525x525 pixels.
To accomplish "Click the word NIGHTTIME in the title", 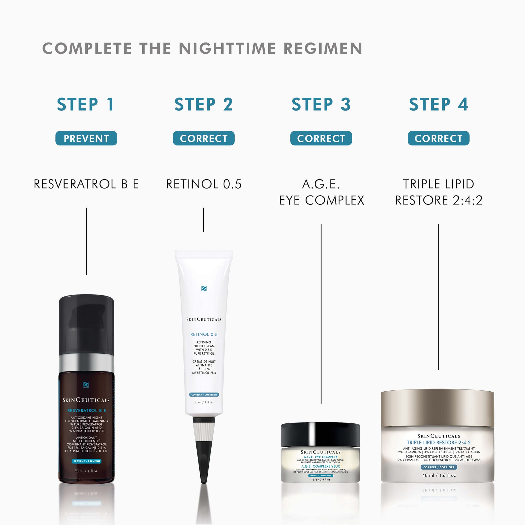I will (227, 48).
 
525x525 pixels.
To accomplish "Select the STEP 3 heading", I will (321, 104).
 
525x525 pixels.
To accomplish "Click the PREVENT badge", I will (86, 138).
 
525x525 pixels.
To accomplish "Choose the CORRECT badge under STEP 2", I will (203, 138).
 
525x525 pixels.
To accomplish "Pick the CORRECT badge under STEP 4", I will (438, 138).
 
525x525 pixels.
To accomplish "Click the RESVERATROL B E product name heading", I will (86, 184).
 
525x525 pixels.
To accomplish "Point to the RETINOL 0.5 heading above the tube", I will (203, 184).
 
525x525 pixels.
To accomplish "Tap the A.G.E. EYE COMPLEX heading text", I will (321, 192).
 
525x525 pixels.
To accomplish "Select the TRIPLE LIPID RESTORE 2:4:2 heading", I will (438, 192).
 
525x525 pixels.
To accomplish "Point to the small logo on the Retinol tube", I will (204, 288).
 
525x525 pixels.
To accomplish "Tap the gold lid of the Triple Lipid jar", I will (437, 408).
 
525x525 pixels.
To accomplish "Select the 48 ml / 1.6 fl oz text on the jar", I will (439, 475).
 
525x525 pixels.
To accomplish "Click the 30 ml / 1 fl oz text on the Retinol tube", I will (203, 402).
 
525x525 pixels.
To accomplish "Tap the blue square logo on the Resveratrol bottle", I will (86, 385).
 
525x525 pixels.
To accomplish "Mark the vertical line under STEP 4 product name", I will (438, 296).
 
